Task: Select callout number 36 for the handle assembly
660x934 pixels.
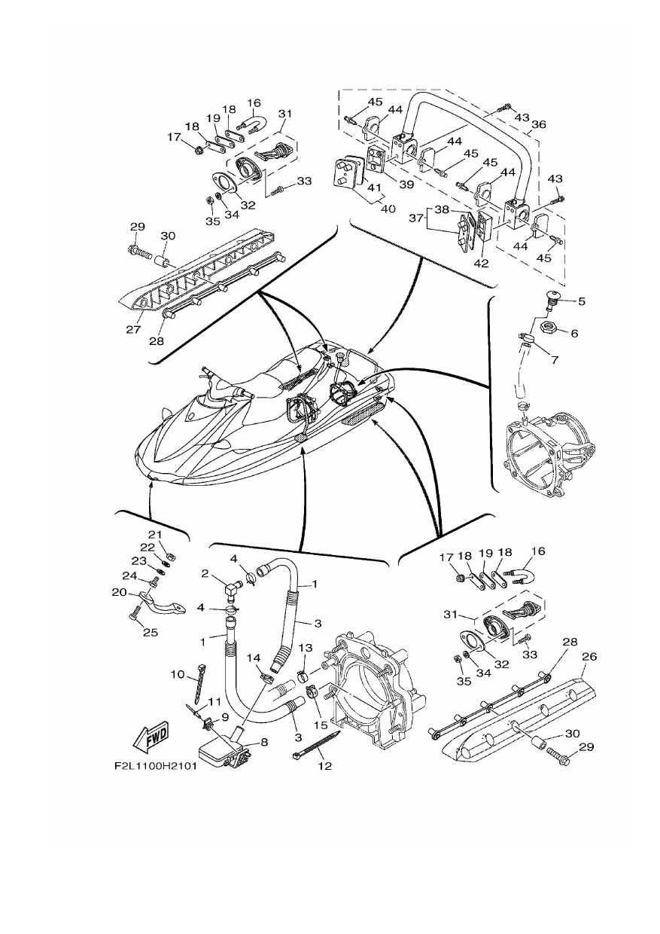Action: point(539,124)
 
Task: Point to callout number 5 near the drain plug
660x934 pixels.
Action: point(581,301)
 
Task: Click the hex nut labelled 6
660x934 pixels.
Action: point(546,328)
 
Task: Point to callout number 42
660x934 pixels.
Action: point(481,264)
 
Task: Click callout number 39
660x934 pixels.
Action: point(406,184)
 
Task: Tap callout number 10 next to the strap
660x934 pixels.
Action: point(178,674)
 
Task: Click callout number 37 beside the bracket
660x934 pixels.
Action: point(415,218)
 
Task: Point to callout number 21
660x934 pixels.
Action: point(155,535)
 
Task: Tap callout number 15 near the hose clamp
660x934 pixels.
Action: point(321,725)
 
